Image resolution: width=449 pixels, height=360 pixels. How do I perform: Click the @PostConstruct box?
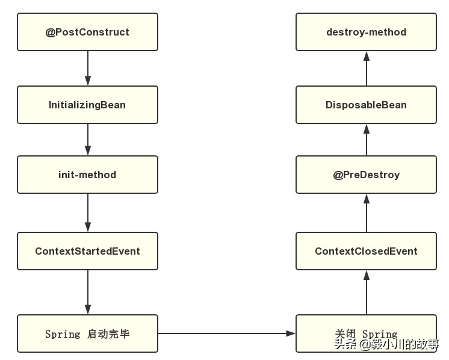coord(87,32)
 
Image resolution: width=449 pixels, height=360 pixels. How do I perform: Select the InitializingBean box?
coord(87,105)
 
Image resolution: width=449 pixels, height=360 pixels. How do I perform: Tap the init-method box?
coord(87,175)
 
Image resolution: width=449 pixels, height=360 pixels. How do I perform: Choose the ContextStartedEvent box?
coord(87,251)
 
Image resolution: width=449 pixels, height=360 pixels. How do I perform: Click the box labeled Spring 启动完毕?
coord(87,334)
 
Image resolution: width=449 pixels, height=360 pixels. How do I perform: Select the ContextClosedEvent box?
coord(366,251)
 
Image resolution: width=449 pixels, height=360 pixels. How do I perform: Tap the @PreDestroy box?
coord(366,175)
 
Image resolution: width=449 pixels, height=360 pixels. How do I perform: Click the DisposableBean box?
coord(366,105)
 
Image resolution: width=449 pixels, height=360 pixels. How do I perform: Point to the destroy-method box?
coord(366,32)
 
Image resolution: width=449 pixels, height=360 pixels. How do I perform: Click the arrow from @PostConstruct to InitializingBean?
coord(88,68)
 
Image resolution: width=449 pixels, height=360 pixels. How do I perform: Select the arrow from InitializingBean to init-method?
coord(88,140)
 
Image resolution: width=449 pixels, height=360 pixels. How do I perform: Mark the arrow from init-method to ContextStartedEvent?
coord(88,213)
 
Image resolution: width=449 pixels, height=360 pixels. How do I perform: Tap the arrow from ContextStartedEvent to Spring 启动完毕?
coord(88,292)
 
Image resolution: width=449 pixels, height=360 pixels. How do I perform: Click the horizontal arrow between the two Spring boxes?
coord(227,334)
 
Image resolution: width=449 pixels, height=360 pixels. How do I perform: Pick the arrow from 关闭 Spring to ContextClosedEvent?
coord(366,292)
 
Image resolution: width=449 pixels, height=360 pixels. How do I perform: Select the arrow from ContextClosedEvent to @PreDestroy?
coord(366,213)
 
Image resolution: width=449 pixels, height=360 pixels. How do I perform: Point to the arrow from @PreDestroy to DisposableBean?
coord(366,140)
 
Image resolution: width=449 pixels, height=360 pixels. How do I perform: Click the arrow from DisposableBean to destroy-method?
coord(366,68)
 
